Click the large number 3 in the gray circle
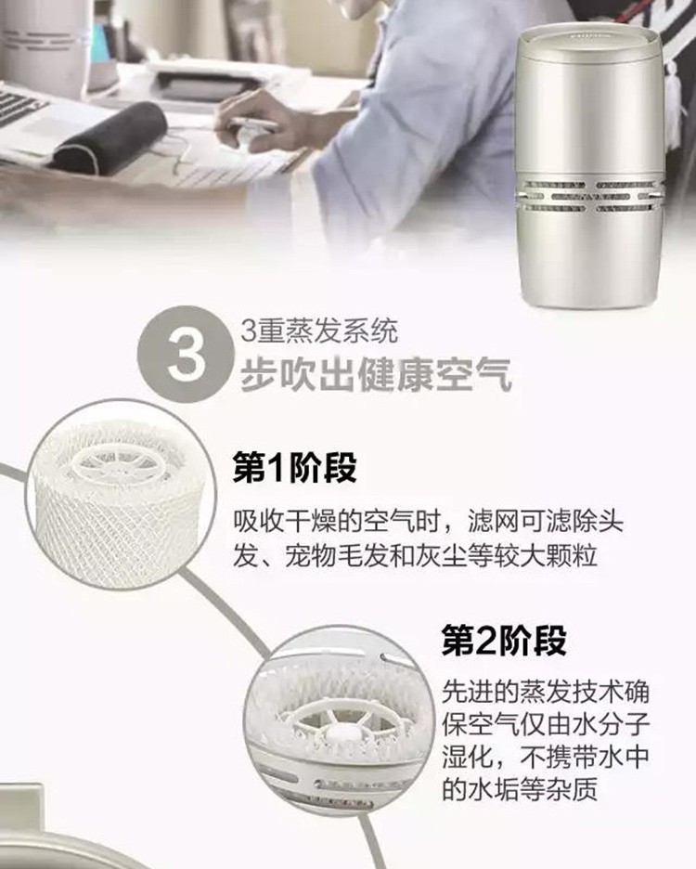click(187, 354)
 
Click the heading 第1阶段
click(294, 468)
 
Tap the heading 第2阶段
click(504, 641)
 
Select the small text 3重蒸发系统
click(318, 331)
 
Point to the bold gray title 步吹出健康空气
click(376, 375)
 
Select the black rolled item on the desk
click(110, 138)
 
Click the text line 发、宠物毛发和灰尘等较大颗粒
click(415, 556)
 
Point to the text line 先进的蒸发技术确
click(546, 694)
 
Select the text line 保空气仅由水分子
click(546, 725)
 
